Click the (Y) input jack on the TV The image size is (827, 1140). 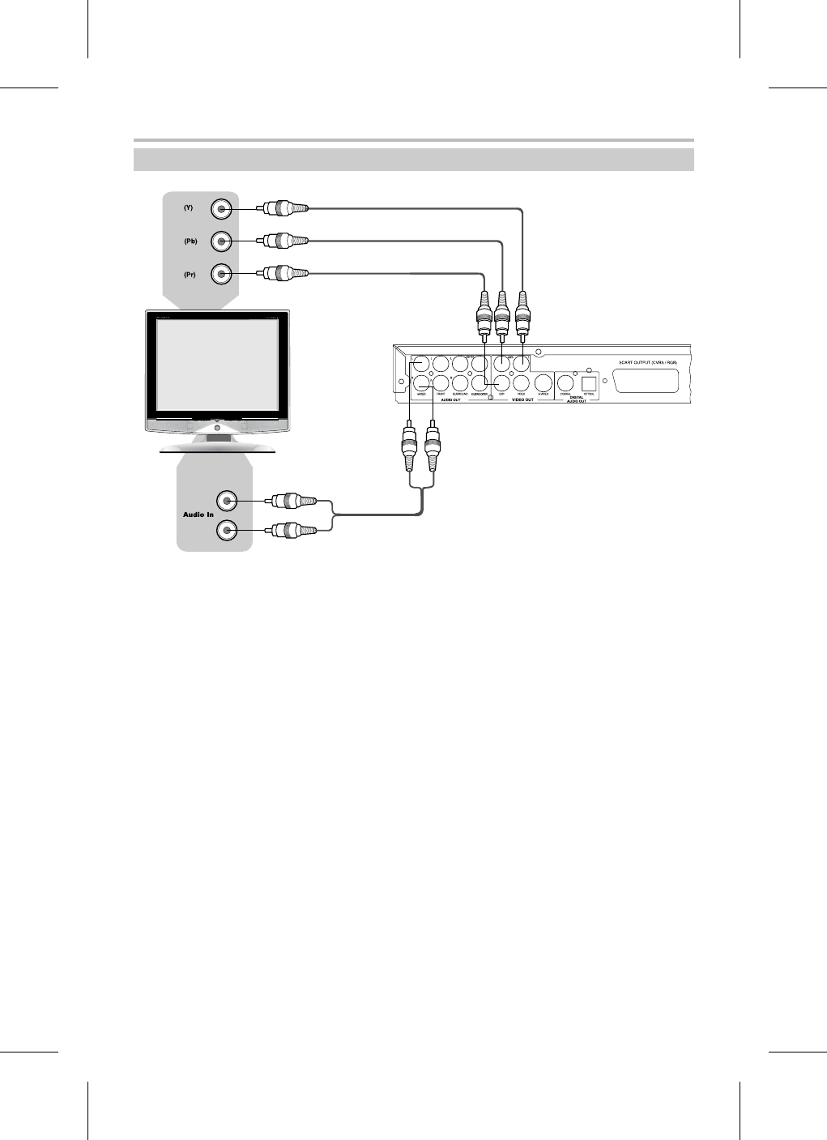pyautogui.click(x=221, y=209)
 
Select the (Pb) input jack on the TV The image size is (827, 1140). pyautogui.click(x=221, y=241)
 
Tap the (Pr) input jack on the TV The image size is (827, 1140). pyautogui.click(x=221, y=274)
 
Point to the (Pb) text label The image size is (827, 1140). pyautogui.click(x=189, y=241)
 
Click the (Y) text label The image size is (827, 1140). pyautogui.click(x=188, y=208)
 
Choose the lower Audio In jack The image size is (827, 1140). pyautogui.click(x=227, y=531)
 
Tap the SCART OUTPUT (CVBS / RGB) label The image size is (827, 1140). pyautogui.click(x=646, y=361)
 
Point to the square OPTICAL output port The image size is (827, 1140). pyautogui.click(x=589, y=383)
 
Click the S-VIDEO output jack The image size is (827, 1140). pyautogui.click(x=544, y=383)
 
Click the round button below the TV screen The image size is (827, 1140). pyautogui.click(x=217, y=425)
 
